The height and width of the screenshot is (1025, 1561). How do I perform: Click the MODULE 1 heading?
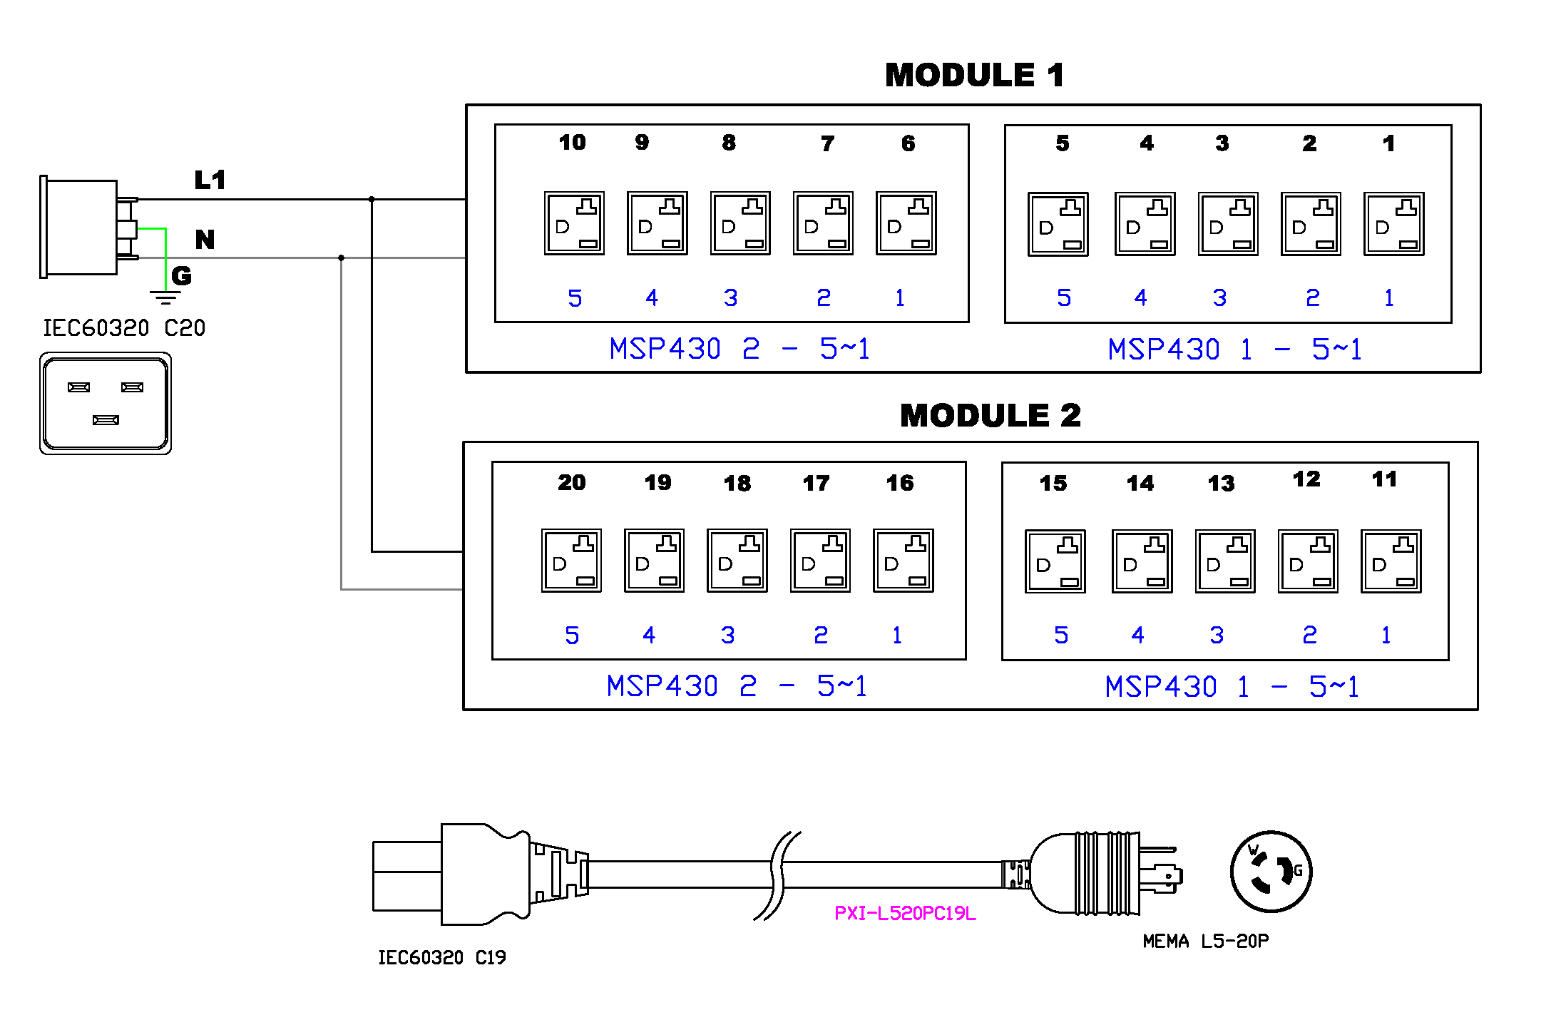click(x=974, y=75)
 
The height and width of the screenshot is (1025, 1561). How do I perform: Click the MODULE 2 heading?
click(x=990, y=415)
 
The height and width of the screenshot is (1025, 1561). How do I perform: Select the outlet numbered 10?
click(x=574, y=223)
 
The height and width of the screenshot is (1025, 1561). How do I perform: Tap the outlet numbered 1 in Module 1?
click(x=1393, y=224)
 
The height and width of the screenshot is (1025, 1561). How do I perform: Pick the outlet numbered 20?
click(x=571, y=561)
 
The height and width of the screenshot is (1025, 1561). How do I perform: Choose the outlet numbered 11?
click(x=1391, y=561)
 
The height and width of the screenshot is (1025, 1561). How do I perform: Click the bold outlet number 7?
click(x=827, y=143)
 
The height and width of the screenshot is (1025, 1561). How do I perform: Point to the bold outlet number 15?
click(x=1053, y=483)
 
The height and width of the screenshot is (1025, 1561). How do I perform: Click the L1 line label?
click(x=210, y=180)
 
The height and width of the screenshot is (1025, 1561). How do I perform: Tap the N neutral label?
click(x=205, y=239)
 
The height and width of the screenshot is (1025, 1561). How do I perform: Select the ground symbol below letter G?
click(x=165, y=297)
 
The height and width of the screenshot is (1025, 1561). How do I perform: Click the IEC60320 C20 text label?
click(x=124, y=328)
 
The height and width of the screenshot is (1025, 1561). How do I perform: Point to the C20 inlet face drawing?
click(x=106, y=403)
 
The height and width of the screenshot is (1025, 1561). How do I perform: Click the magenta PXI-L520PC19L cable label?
click(x=905, y=913)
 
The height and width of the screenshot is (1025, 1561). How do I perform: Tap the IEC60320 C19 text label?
click(x=441, y=957)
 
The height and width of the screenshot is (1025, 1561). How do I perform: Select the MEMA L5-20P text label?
click(x=1205, y=941)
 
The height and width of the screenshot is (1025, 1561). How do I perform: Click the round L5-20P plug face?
click(x=1271, y=872)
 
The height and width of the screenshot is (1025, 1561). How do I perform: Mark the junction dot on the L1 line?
click(x=372, y=200)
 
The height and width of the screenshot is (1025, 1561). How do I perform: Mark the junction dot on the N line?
click(x=342, y=257)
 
